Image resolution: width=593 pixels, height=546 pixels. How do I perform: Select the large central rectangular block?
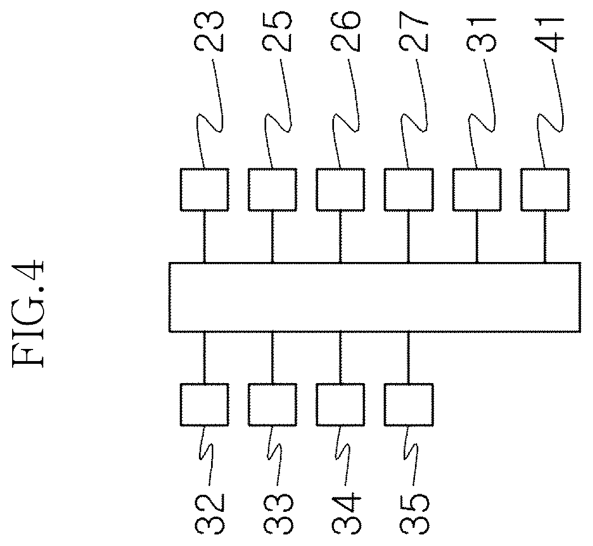coord(375,297)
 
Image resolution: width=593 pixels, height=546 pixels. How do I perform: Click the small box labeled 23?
coord(204,189)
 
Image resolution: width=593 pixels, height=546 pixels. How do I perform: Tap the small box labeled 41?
coord(545,189)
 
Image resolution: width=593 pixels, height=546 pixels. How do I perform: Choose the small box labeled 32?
coord(204,405)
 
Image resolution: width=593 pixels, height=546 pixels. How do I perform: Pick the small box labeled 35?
coord(408,405)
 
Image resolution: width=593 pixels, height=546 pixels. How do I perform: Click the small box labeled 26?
coord(341,189)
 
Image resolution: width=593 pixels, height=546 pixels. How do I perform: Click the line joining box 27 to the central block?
coord(408,236)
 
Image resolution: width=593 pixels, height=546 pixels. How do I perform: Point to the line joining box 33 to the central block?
coord(272,358)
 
